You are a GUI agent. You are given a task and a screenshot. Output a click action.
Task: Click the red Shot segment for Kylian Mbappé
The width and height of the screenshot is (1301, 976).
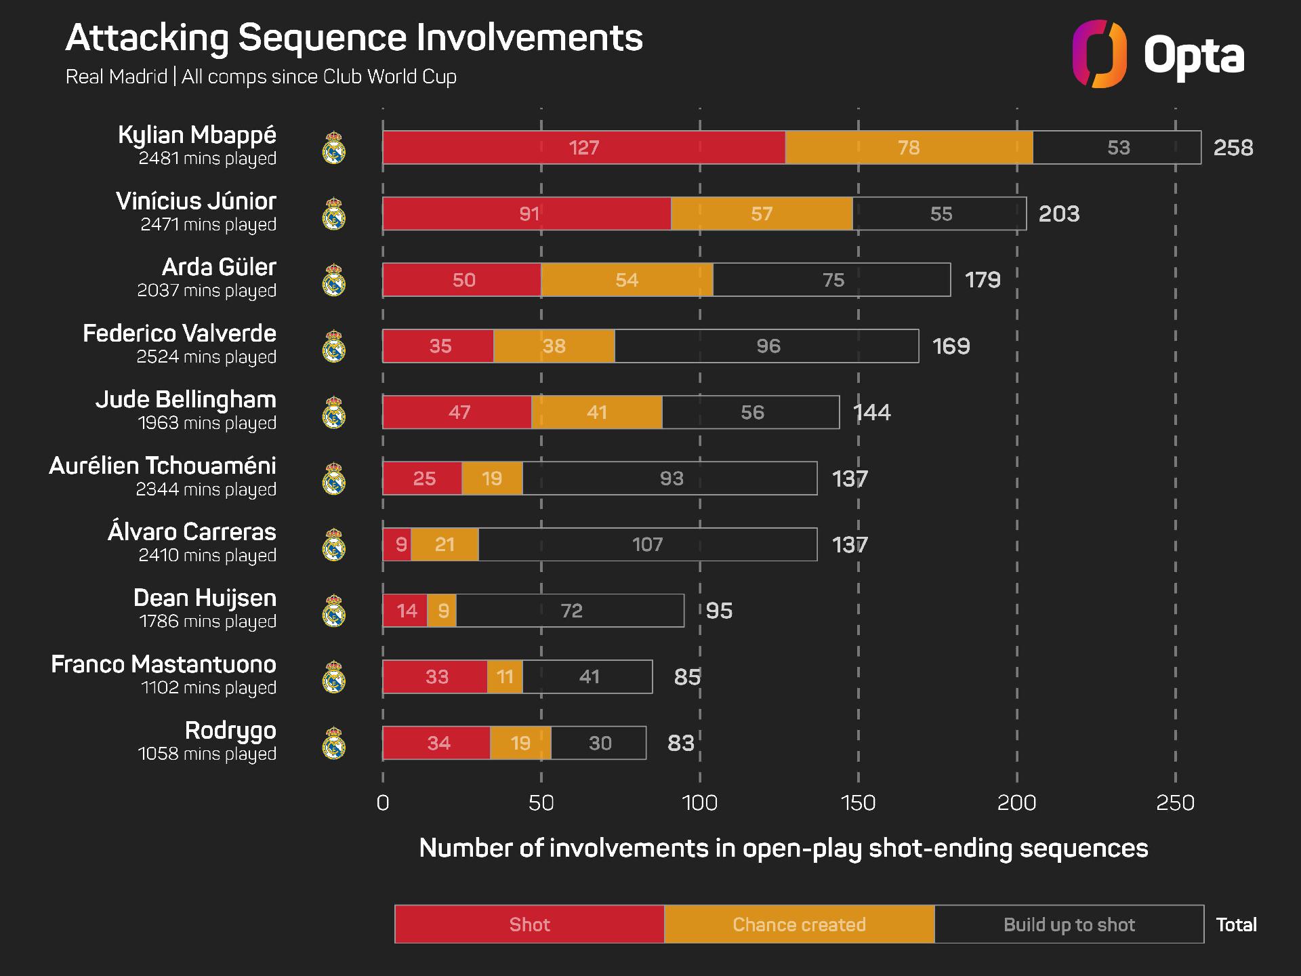583,148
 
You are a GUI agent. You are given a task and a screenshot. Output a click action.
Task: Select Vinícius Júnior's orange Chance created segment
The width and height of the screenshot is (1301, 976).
761,214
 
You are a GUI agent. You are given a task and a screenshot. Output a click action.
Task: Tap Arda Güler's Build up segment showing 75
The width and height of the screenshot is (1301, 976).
832,280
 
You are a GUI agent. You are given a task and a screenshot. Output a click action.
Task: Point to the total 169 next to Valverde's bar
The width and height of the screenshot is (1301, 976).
951,346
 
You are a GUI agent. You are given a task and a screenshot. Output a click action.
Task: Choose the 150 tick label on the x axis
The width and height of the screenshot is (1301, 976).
858,803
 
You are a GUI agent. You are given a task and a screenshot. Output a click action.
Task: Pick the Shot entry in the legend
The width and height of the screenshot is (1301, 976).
529,924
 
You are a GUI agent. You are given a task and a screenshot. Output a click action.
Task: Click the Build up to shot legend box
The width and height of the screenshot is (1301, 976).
1069,924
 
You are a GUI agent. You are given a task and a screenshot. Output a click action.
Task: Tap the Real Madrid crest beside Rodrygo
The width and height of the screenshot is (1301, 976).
334,744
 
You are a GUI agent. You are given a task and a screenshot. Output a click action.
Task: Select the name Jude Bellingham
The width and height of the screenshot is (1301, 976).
186,400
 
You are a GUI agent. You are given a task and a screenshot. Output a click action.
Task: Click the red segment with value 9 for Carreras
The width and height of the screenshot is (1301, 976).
398,545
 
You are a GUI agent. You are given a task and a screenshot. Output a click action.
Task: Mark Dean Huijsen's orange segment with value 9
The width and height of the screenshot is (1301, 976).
442,611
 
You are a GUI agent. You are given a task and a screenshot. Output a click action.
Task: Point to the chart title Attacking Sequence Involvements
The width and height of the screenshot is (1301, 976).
354,38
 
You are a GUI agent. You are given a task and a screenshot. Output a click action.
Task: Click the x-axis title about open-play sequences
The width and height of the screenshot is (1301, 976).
783,849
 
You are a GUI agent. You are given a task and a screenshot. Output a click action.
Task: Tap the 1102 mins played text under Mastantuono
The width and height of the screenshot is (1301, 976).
208,688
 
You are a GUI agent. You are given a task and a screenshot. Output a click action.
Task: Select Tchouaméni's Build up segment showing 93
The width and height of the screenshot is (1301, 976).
671,479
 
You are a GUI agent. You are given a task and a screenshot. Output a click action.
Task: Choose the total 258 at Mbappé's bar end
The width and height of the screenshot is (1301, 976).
1233,148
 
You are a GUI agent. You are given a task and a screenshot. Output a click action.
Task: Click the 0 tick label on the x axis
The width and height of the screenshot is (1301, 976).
383,803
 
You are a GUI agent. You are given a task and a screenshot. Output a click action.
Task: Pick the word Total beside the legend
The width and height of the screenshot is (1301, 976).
1236,924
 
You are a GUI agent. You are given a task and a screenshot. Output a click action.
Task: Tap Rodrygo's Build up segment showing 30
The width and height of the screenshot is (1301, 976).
599,744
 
